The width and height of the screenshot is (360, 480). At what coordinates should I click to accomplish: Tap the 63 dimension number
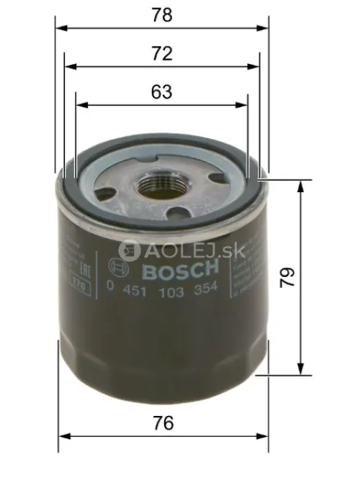[162, 92]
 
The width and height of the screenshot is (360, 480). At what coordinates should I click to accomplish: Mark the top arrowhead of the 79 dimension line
[301, 184]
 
